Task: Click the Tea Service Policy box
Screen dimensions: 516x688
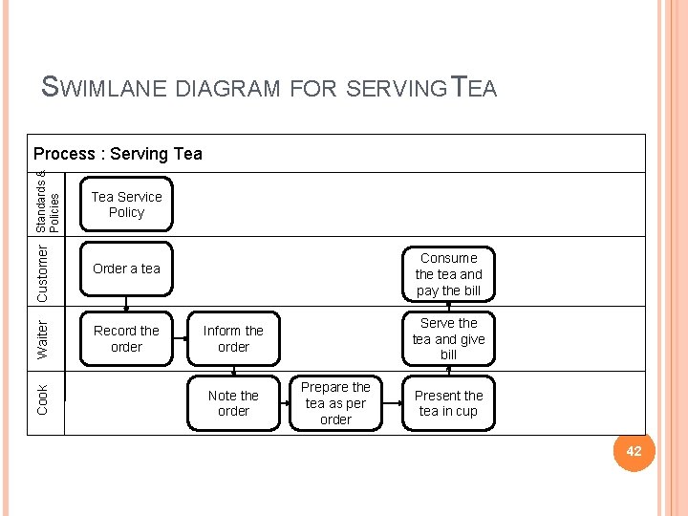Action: tap(126, 204)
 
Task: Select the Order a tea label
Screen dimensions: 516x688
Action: tap(126, 269)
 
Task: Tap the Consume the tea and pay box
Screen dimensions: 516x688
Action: tap(448, 273)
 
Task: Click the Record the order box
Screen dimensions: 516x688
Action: tap(126, 338)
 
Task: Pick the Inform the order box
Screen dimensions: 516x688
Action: tap(233, 338)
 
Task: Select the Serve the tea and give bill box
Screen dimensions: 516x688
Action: tap(448, 338)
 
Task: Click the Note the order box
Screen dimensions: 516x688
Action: tap(233, 403)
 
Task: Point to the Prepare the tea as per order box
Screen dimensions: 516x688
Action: tap(335, 403)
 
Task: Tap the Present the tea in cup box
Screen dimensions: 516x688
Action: tap(448, 403)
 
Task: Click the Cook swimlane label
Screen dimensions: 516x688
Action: tap(43, 399)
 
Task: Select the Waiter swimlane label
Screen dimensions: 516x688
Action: tap(43, 339)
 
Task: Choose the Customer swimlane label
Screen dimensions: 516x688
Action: tap(43, 272)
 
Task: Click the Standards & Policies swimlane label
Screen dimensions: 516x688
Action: tap(48, 203)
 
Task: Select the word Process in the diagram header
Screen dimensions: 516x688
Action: tap(64, 154)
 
